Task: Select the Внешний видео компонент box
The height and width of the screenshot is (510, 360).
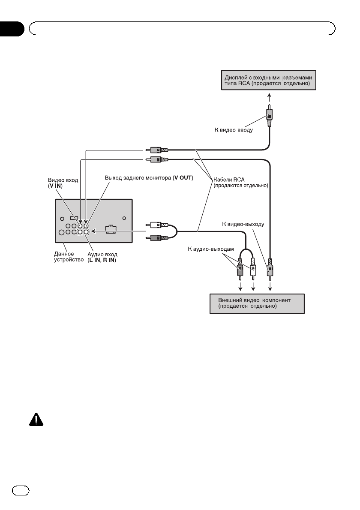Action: (257, 303)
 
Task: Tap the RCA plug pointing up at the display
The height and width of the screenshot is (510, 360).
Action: (269, 116)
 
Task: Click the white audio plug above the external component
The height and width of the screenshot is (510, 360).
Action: (253, 269)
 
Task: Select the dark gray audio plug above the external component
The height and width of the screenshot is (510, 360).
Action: (240, 269)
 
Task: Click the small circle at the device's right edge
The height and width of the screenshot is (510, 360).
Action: (124, 217)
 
